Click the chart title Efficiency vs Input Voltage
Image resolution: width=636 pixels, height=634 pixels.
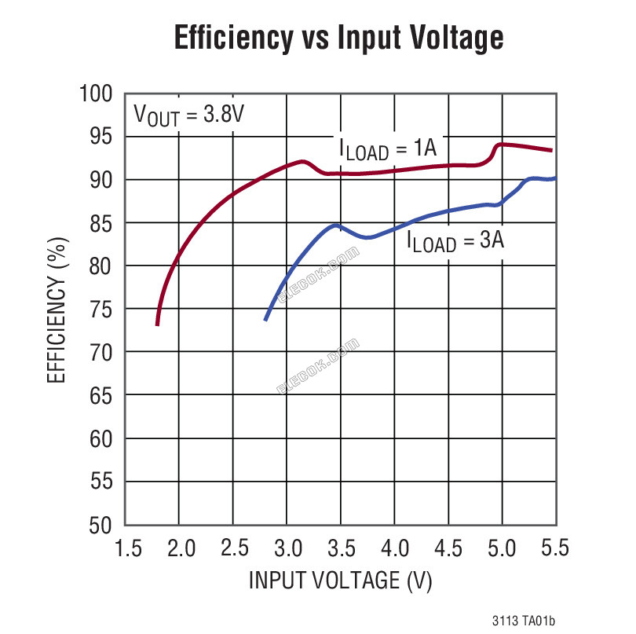(x=338, y=38)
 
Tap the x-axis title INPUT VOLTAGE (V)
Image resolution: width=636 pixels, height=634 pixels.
(x=340, y=580)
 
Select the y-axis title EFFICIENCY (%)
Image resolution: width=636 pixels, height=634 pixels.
(x=57, y=310)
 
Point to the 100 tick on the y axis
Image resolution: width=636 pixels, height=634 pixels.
(x=96, y=93)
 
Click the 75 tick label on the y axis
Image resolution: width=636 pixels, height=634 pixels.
(x=101, y=310)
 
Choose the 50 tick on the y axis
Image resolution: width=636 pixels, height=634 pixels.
(x=101, y=526)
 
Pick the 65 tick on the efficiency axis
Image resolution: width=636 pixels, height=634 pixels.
(x=101, y=396)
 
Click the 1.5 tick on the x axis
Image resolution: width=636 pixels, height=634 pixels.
(x=129, y=548)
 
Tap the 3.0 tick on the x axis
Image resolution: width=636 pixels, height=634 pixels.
(x=288, y=548)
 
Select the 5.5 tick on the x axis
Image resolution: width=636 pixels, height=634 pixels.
(x=555, y=548)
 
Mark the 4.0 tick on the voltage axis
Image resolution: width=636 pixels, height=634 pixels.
(x=395, y=548)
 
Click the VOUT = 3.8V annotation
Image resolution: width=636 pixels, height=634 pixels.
(x=189, y=115)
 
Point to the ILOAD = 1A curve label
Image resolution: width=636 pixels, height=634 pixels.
(x=388, y=149)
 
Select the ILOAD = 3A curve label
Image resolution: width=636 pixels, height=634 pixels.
(x=455, y=241)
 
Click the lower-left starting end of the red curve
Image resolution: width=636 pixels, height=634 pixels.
(x=157, y=325)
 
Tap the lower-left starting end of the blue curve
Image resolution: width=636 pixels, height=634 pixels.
(x=265, y=321)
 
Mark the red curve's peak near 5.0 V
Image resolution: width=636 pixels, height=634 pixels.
(x=501, y=145)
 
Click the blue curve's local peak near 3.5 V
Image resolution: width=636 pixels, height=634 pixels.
(x=336, y=225)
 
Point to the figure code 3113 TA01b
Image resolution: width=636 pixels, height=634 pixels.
(x=524, y=621)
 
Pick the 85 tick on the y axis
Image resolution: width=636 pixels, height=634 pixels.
(x=101, y=223)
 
